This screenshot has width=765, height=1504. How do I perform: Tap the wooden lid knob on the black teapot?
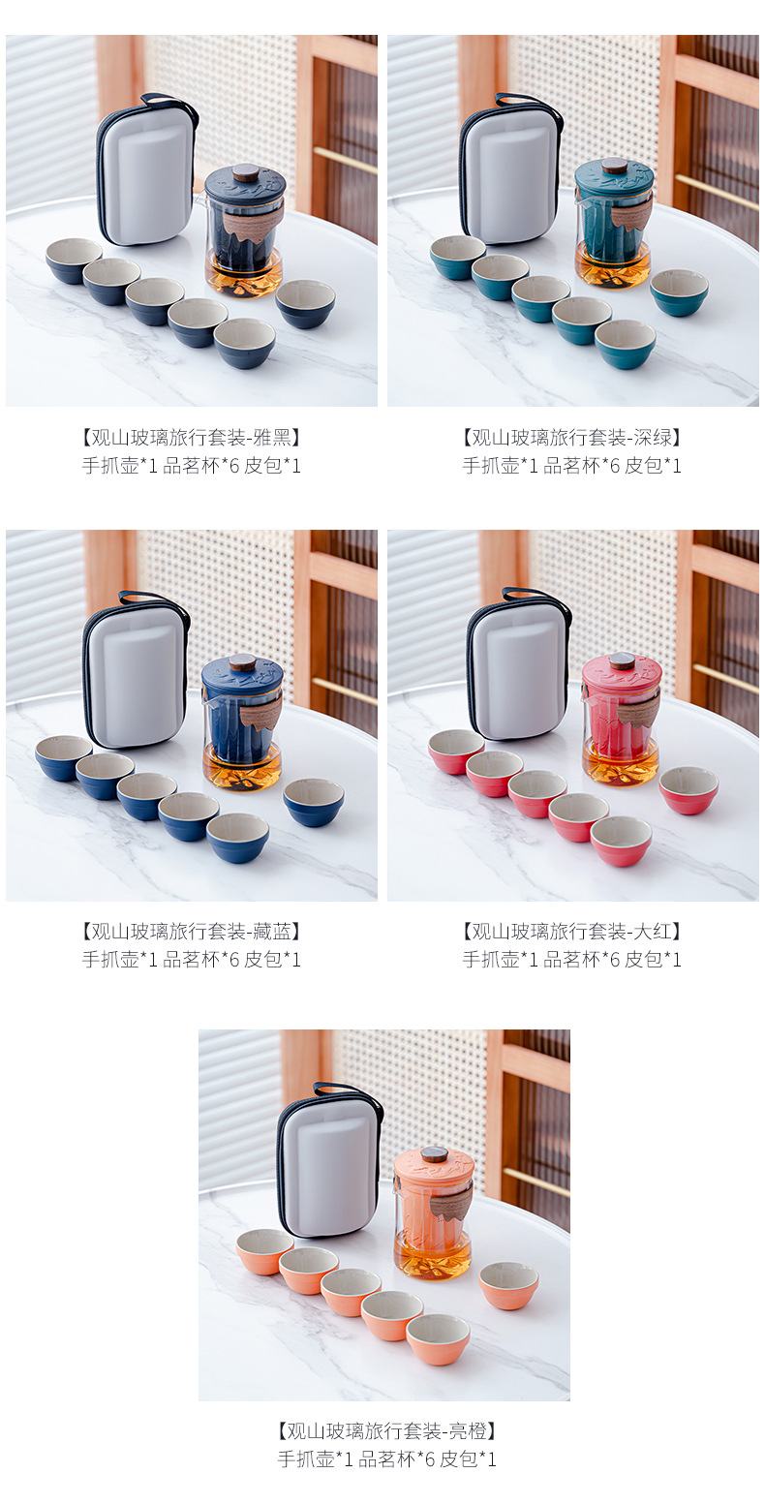tap(245, 170)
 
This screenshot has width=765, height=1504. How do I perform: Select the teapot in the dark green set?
tap(613, 225)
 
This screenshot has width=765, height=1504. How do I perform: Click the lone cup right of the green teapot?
tap(679, 292)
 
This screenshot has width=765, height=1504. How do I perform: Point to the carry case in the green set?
tap(509, 172)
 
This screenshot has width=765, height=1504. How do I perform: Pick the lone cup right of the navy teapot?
tap(314, 801)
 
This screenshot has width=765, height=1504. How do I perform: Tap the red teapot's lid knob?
tap(621, 660)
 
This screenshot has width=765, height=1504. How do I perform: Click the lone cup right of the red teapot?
tap(688, 789)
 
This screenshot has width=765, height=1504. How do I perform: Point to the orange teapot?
tap(433, 1212)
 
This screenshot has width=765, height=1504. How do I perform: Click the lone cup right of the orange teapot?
tap(509, 1284)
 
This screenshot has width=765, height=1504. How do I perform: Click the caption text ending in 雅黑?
tap(191, 437)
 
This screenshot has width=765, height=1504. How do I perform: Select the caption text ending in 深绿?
tap(571, 437)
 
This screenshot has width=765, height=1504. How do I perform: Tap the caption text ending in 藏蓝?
tap(191, 932)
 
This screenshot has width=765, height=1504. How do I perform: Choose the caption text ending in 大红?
tap(571, 932)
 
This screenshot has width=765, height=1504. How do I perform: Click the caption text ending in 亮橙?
tap(386, 1430)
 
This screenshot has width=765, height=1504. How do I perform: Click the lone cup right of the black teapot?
tap(305, 303)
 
